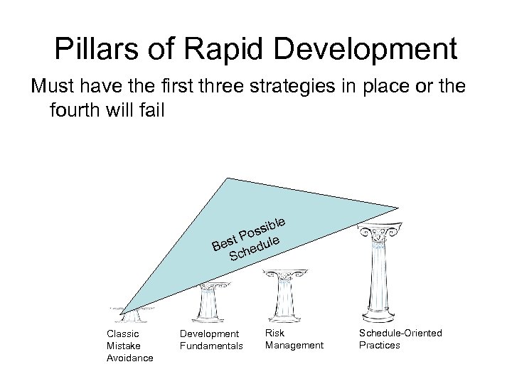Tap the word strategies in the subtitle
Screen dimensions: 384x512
[x=275, y=87]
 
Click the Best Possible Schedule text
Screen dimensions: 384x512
[x=249, y=238]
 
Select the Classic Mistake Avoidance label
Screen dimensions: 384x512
[x=129, y=345]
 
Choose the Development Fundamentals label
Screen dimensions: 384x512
[x=210, y=339]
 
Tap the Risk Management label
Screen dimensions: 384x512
[x=294, y=338]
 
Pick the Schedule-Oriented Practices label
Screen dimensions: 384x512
[x=400, y=338]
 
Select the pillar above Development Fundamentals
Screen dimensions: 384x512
[x=209, y=302]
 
